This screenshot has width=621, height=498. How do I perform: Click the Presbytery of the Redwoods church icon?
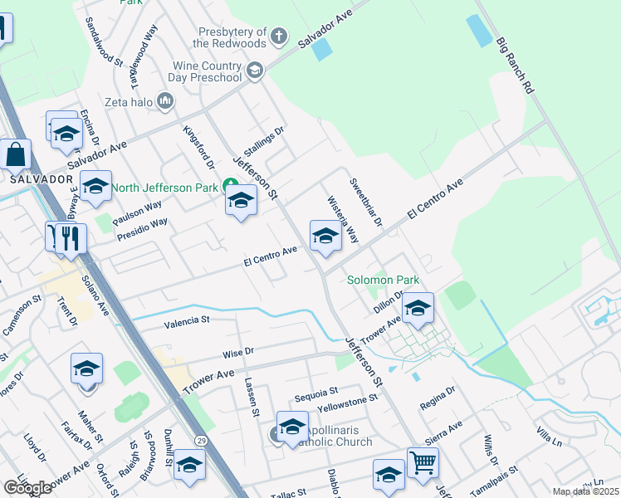click(279, 36)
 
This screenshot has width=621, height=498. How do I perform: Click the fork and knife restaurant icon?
click(65, 237)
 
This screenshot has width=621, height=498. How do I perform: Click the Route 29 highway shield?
click(201, 439)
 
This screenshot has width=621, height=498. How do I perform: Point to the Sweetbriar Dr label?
click(365, 203)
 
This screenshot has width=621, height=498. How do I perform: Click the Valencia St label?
click(187, 320)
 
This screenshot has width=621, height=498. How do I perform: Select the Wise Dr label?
click(237, 352)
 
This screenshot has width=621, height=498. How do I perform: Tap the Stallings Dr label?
click(263, 137)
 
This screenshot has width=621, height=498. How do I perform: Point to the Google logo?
click(28, 487)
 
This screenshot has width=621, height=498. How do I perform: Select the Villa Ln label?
click(550, 437)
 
